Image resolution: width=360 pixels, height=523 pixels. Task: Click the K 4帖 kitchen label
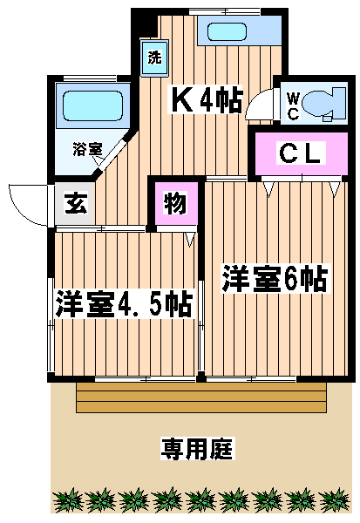[205, 99]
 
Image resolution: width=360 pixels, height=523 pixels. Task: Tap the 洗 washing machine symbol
[154, 58]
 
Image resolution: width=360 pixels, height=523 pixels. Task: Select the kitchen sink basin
[227, 31]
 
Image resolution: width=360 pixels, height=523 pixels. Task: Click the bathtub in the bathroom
[92, 105]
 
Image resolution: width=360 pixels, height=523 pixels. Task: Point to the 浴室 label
[87, 150]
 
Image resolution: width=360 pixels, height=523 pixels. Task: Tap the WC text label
[293, 106]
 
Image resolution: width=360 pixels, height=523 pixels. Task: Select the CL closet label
[302, 153]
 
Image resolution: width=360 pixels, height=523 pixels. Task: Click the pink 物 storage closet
[176, 203]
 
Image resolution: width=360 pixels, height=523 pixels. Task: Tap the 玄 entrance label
[76, 203]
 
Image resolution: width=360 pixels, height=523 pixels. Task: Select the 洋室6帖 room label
[275, 279]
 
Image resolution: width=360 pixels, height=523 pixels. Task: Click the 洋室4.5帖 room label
[124, 304]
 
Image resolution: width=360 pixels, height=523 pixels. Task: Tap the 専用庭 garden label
[198, 448]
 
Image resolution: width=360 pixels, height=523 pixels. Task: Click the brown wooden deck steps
[201, 397]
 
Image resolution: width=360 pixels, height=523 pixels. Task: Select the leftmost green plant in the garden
[68, 500]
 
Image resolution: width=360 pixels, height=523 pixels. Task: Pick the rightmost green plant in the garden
[335, 500]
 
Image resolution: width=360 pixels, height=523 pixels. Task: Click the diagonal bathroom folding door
[112, 154]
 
